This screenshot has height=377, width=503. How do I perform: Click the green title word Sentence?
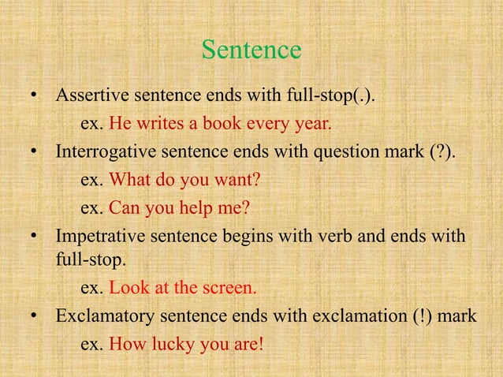(251, 50)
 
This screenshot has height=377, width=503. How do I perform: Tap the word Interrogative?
(105, 152)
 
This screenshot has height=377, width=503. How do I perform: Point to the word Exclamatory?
(102, 317)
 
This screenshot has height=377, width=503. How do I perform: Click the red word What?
(128, 180)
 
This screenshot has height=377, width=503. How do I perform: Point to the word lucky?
(176, 345)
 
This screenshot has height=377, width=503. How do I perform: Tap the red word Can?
(124, 208)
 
